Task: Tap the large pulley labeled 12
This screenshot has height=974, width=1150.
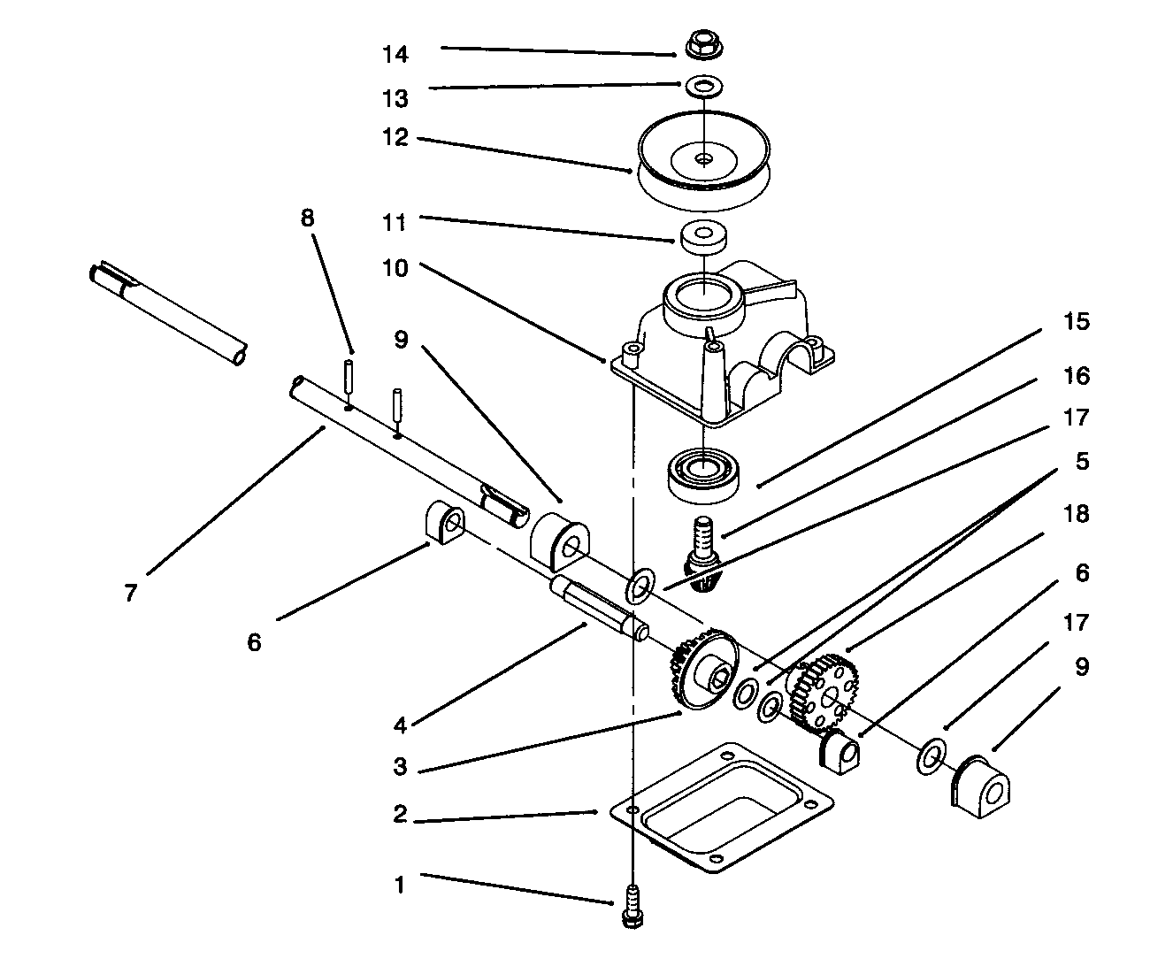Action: pos(704,161)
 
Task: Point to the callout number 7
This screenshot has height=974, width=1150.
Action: pos(131,594)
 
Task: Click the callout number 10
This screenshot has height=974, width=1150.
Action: pos(395,268)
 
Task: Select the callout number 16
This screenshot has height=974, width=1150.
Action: pos(1077,376)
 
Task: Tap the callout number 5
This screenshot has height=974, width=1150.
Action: pos(1082,461)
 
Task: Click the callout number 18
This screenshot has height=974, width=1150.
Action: pos(1077,514)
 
